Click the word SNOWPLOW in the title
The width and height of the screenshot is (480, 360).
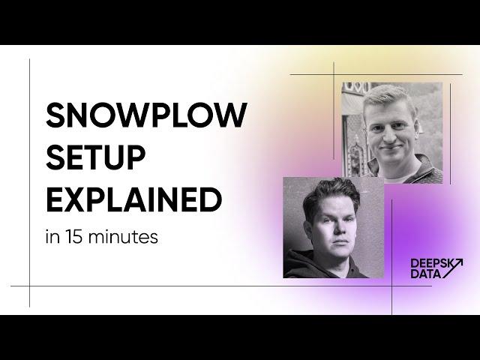pyautogui.click(x=146, y=115)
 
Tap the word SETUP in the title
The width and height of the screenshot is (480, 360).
pyautogui.click(x=95, y=157)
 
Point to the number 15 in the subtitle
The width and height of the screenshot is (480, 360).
pyautogui.click(x=73, y=237)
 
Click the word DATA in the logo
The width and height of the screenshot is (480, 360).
pyautogui.click(x=426, y=274)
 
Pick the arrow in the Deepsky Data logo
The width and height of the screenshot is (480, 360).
pyautogui.click(x=451, y=268)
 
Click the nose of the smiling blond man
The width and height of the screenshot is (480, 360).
pyautogui.click(x=390, y=136)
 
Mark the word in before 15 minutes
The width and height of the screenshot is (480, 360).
pyautogui.click(x=52, y=237)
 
